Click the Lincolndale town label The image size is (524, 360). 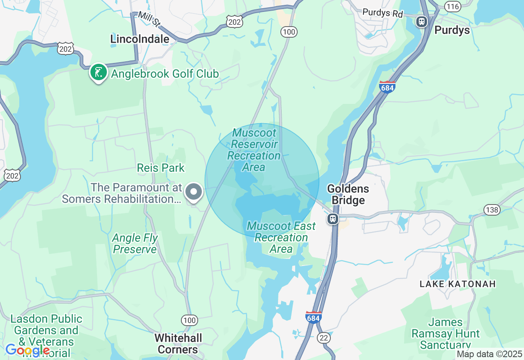pos(140,39)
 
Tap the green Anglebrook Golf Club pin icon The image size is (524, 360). pos(98,72)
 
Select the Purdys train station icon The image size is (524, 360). pos(421,21)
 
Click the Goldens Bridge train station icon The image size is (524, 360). pos(333,219)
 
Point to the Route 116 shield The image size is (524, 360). pos(453,6)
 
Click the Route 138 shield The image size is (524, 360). pos(492,210)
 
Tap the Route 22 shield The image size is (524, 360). pos(323,337)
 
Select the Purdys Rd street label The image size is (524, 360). pos(383,13)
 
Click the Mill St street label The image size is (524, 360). pos(149,18)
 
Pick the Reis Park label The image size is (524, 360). pos(161,168)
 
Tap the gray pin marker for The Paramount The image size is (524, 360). pos(194,192)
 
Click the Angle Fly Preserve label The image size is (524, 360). pos(135,243)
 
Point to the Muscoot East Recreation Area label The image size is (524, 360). pos(281,237)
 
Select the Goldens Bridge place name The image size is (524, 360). pos(348,194)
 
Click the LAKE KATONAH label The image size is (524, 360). pos(458,283)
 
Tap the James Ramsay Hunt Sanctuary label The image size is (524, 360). pos(445,333)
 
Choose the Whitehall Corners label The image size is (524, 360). pos(178,344)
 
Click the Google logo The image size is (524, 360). pos(27,350)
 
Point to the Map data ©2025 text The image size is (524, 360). pos(489,354)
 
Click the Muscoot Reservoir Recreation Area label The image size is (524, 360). pos(254,150)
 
